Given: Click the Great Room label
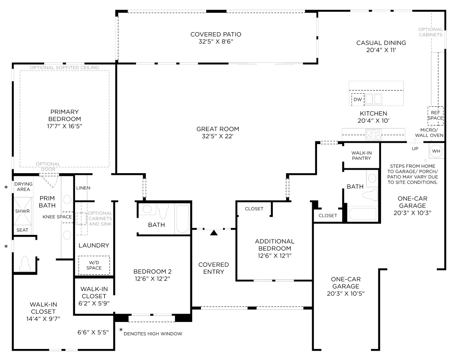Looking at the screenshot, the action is pyautogui.click(x=218, y=129).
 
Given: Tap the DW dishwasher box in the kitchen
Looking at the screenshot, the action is pyautogui.click(x=358, y=100).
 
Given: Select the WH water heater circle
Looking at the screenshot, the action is pyautogui.click(x=436, y=151).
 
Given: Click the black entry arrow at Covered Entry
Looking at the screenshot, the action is pyautogui.click(x=214, y=232).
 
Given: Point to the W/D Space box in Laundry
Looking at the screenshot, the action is pyautogui.click(x=94, y=265).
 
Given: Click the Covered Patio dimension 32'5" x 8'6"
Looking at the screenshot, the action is pyautogui.click(x=216, y=42).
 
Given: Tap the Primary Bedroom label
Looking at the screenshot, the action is pyautogui.click(x=64, y=115).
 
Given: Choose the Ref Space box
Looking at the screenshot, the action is pyautogui.click(x=435, y=116).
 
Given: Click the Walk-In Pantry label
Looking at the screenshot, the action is pyautogui.click(x=361, y=155).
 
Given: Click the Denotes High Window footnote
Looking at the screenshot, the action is pyautogui.click(x=153, y=333).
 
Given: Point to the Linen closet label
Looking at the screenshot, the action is pyautogui.click(x=83, y=188).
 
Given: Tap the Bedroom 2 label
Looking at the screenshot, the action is pyautogui.click(x=152, y=272).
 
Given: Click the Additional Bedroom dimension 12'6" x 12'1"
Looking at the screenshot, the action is pyautogui.click(x=275, y=256).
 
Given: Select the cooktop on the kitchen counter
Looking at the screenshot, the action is pyautogui.click(x=374, y=135).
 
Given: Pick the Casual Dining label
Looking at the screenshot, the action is pyautogui.click(x=381, y=43).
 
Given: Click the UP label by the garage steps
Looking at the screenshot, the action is pyautogui.click(x=415, y=149).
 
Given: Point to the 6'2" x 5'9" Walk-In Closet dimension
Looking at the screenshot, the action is pyautogui.click(x=94, y=303).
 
